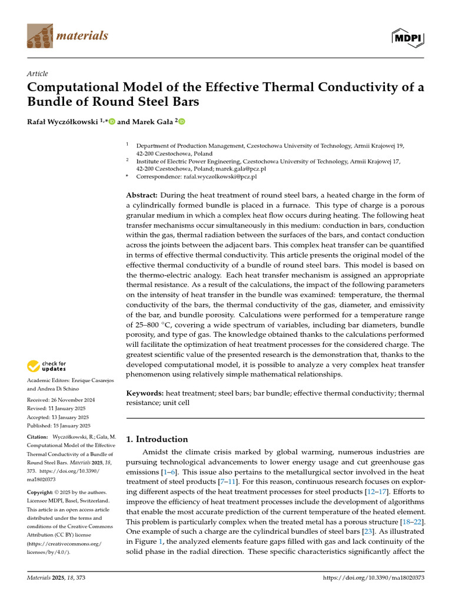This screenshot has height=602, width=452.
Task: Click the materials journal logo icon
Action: [39, 36]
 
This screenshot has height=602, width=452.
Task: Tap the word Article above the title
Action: [38, 73]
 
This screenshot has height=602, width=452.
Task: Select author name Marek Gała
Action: [150, 122]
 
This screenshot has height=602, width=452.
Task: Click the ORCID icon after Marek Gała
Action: [181, 122]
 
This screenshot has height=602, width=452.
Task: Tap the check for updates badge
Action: [47, 367]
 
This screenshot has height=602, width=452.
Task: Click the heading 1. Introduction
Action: [158, 439]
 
